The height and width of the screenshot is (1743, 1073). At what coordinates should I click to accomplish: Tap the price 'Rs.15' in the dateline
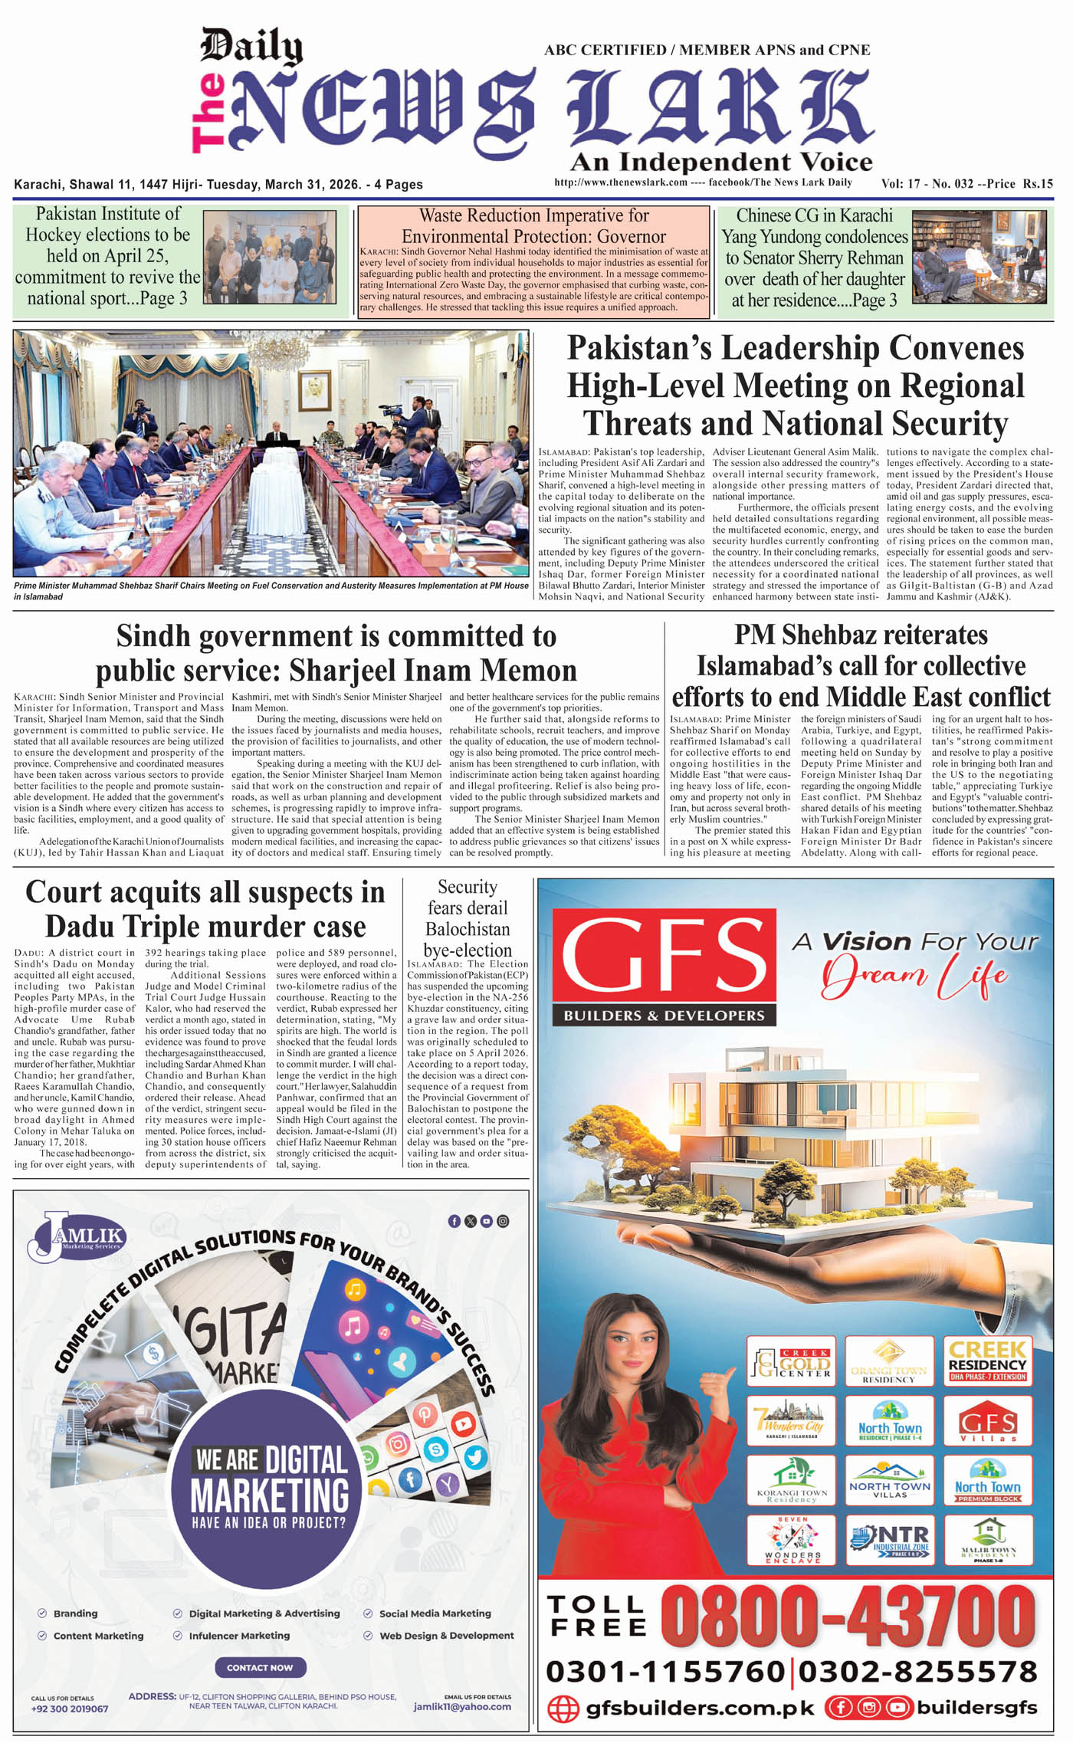(1035, 184)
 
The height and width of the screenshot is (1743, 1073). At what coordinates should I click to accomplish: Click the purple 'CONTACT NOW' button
(260, 1667)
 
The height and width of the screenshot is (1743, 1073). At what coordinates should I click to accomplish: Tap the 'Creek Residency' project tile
(987, 1360)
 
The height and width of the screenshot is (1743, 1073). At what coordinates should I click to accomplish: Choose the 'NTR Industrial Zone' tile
(890, 1539)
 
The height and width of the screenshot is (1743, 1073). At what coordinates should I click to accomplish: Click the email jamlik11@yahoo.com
(462, 1706)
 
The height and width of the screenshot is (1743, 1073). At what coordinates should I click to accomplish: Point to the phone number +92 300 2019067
(70, 1709)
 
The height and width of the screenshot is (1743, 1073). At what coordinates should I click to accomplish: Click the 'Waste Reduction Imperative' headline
(533, 226)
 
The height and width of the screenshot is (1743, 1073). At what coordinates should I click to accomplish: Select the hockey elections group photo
(269, 258)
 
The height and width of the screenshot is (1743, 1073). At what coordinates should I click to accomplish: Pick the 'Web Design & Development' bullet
(446, 1635)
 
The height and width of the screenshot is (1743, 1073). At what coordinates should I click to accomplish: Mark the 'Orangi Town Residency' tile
(889, 1360)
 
